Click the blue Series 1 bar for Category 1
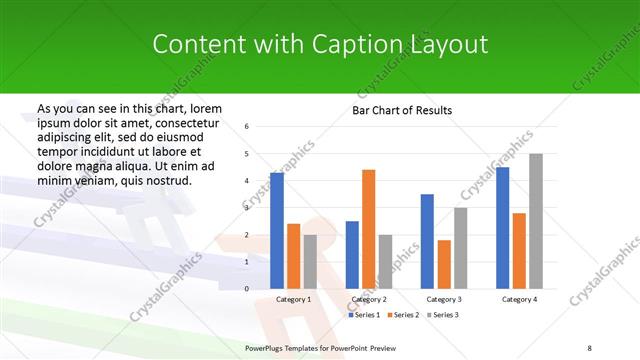point(277,231)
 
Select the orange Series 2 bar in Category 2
point(369,229)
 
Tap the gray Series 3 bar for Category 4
point(536,221)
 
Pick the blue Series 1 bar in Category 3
point(427,241)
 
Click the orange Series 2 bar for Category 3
point(444,264)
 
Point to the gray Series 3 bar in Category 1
point(310,262)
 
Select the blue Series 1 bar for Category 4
point(502,228)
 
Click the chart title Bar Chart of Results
point(401,110)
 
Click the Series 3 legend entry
point(444,315)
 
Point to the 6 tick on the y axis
point(247,127)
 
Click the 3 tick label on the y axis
point(247,208)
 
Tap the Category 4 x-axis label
point(519,299)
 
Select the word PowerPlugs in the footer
point(268,346)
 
